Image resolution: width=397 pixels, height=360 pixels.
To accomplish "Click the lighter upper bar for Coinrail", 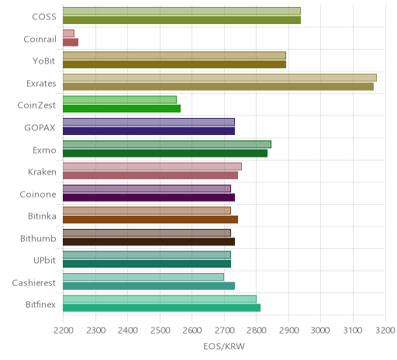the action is [x=68, y=33].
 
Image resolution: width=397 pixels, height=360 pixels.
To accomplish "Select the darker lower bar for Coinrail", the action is [x=71, y=43].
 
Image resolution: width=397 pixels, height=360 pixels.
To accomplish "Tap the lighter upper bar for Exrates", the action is [x=219, y=78].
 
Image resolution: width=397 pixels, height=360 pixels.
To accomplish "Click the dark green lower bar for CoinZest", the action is [x=122, y=109].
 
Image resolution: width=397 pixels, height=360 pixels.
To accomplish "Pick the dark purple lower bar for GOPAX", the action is [x=149, y=131].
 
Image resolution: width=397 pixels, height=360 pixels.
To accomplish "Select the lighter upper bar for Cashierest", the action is [x=143, y=277].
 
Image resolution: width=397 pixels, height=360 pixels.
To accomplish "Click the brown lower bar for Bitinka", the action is [x=150, y=220].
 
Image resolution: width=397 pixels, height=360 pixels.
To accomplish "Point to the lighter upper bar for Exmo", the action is [x=167, y=144].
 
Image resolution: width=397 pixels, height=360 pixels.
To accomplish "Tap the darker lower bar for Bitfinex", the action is [x=161, y=308].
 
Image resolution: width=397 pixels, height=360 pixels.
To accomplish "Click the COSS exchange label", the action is [x=44, y=17].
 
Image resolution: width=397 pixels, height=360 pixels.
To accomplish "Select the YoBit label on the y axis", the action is [x=44, y=61].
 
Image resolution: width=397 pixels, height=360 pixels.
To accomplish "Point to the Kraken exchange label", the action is [x=42, y=171].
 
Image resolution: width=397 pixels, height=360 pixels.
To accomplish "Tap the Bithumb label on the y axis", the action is [x=38, y=238].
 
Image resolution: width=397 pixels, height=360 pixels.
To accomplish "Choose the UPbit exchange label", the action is [x=44, y=260].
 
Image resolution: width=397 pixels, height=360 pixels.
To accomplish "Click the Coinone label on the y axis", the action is [x=38, y=194].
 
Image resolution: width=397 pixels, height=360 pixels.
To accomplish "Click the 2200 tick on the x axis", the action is [x=64, y=331].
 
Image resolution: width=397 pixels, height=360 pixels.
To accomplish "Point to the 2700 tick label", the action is [x=224, y=331].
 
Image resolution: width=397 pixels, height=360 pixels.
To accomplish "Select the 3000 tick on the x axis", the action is [x=320, y=331].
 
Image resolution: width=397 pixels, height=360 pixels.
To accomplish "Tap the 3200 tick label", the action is [x=385, y=331].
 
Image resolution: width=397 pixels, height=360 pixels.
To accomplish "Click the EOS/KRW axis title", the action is [x=224, y=346].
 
